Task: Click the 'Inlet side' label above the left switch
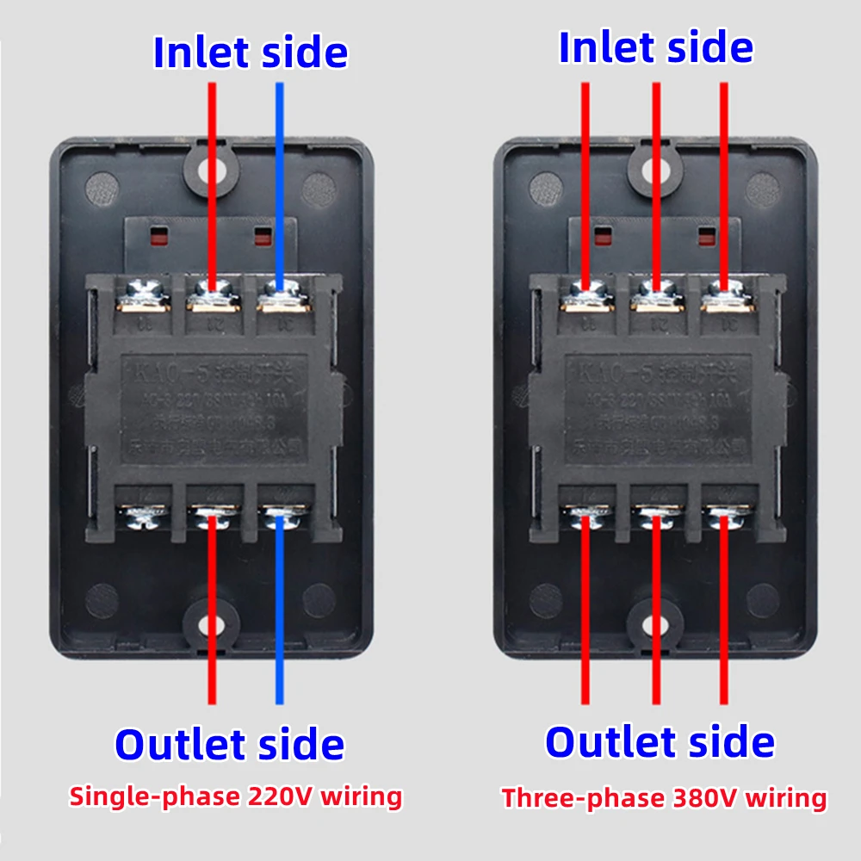[x=251, y=52]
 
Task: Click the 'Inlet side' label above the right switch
[x=655, y=46]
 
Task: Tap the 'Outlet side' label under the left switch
[x=229, y=744]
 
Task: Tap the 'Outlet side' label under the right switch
[x=660, y=741]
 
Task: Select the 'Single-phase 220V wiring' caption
[x=235, y=796]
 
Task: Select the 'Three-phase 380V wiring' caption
[x=664, y=798]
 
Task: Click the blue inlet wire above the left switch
[x=279, y=172]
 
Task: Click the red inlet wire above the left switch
[x=212, y=172]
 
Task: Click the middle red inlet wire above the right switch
[x=656, y=172]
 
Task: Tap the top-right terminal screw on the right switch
[x=723, y=296]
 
